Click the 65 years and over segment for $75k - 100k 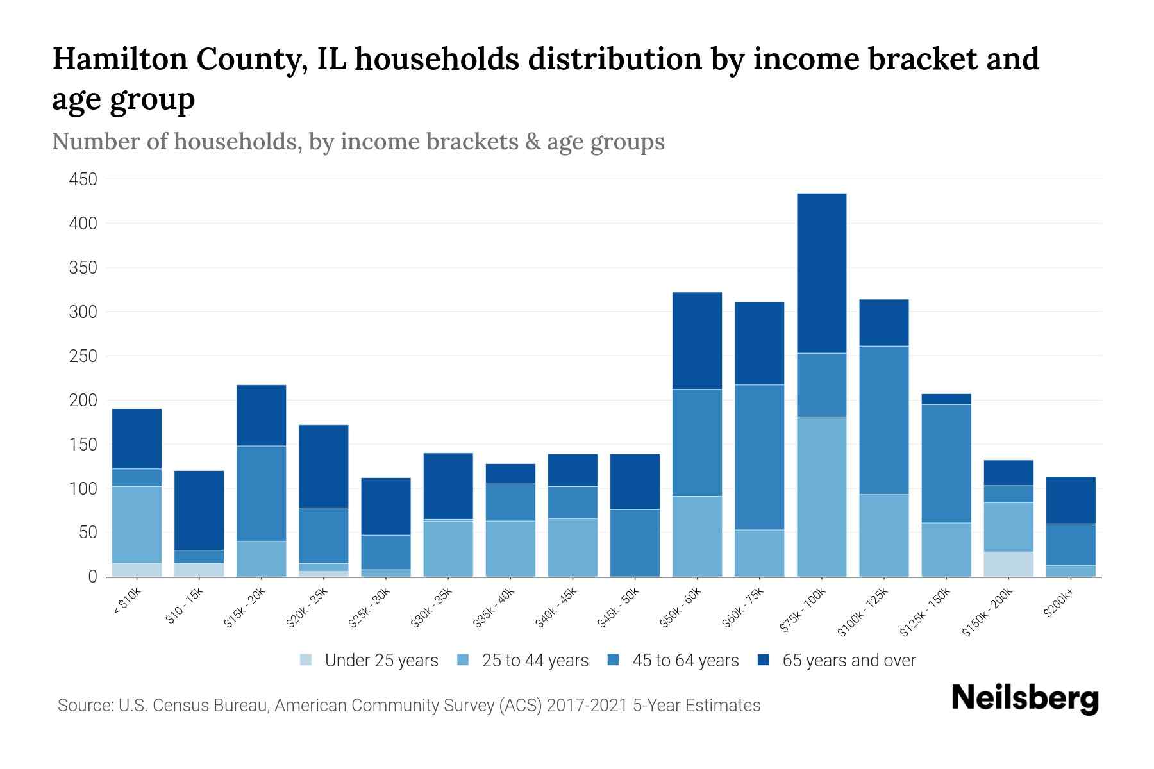click(x=821, y=273)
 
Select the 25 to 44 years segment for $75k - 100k click(x=821, y=497)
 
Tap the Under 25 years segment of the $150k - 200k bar click(x=1008, y=564)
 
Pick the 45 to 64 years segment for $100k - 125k click(x=883, y=420)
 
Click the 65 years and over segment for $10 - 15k click(x=199, y=510)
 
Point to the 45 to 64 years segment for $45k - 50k click(x=635, y=543)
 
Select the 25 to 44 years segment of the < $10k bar click(x=137, y=525)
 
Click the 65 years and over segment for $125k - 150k click(x=946, y=399)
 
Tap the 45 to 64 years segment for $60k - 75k click(x=759, y=457)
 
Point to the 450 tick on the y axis click(x=83, y=179)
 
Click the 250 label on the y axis click(x=83, y=356)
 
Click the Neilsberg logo click(x=1024, y=699)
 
